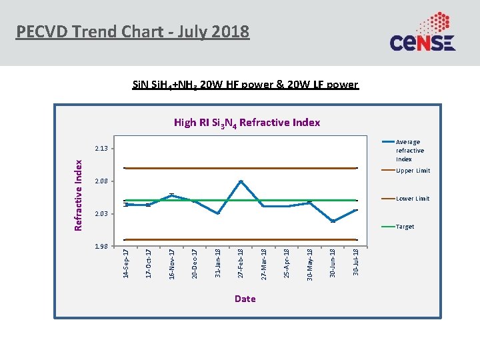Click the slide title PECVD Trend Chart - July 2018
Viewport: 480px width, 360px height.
pos(133,31)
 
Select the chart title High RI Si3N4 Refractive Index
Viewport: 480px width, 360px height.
pos(247,123)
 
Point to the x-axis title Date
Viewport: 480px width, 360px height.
pos(245,299)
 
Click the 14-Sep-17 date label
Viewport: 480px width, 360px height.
pos(126,263)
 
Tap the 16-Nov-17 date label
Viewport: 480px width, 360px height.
pos(172,263)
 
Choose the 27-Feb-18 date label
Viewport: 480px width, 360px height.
pos(241,263)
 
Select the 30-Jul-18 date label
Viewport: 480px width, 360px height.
pos(356,261)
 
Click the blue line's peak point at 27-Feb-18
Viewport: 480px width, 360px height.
pos(241,181)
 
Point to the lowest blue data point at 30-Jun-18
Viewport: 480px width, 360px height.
pos(333,221)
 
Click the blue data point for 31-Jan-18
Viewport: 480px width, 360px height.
pos(218,213)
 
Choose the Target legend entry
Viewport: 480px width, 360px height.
pos(405,227)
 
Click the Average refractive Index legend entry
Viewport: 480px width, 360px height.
pos(409,151)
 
